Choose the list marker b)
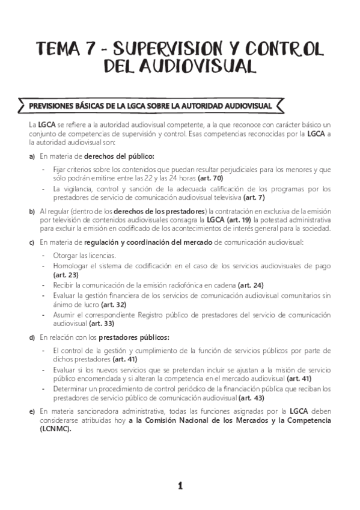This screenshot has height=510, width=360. point(31,212)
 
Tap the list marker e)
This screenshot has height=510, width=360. point(31,411)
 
